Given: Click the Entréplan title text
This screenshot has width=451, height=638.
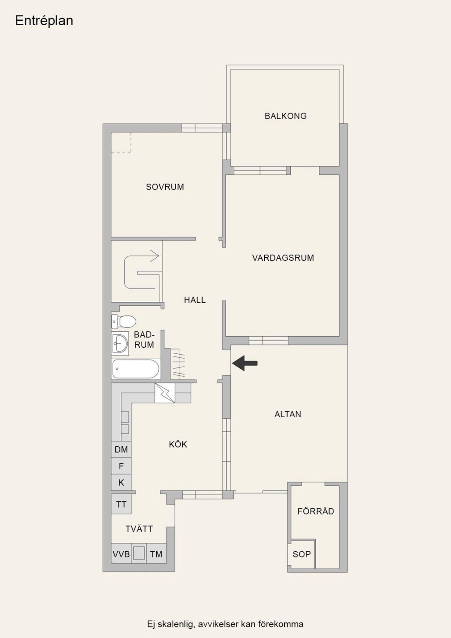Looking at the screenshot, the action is (44, 21).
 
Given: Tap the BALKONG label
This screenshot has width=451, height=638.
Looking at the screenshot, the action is (285, 116).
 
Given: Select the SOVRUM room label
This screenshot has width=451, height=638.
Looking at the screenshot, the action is (165, 187).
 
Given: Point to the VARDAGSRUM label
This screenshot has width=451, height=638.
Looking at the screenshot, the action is (283, 258).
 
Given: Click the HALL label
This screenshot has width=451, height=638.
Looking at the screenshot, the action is (195, 300).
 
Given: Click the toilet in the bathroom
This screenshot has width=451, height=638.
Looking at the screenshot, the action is (124, 322).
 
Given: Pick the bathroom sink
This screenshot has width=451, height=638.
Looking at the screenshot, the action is (120, 344).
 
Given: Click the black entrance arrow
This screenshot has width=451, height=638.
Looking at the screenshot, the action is (245, 363).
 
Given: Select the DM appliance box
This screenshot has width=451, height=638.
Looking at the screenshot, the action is (121, 449).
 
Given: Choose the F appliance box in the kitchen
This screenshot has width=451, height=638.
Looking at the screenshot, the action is (121, 466).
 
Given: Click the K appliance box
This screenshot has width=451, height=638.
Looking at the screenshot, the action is (121, 482).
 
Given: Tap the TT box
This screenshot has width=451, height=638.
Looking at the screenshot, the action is (121, 504).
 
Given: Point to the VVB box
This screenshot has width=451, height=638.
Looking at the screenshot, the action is (121, 554).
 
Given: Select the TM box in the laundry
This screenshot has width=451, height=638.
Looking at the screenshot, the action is (156, 554).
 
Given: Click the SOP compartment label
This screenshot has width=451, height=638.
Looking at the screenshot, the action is (302, 554).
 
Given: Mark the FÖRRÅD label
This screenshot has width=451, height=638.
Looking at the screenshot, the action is (316, 511).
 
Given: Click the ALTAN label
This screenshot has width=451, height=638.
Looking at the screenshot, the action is (288, 414).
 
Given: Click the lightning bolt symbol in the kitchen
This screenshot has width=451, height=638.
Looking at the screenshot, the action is (165, 393).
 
